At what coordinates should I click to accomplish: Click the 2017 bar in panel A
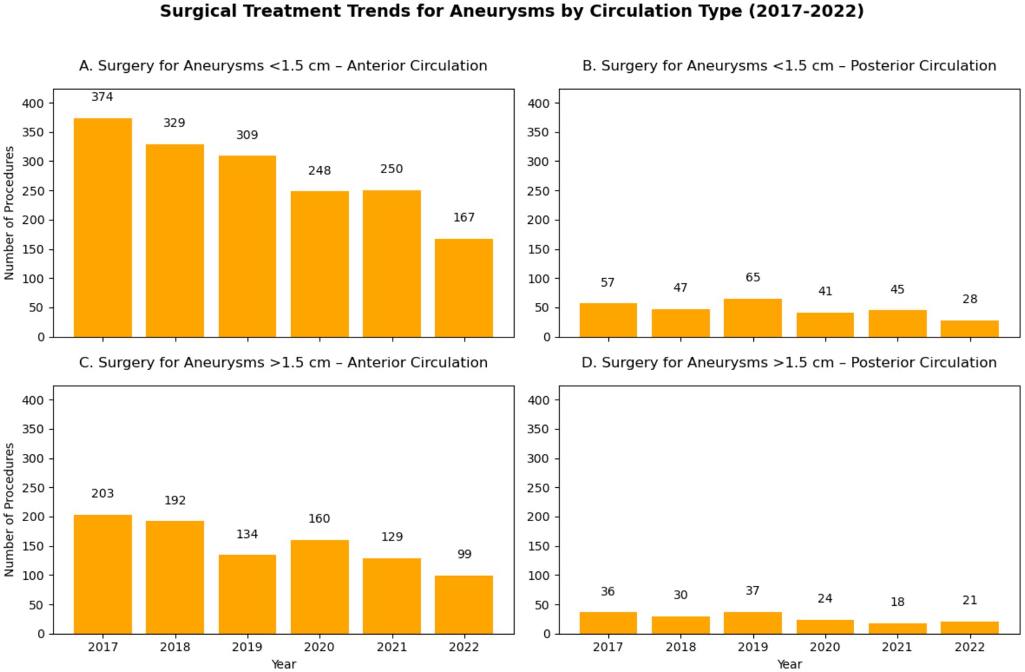pyautogui.click(x=102, y=227)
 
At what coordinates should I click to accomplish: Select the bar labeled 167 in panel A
pyautogui.click(x=464, y=288)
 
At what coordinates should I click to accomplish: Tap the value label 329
pyautogui.click(x=174, y=123)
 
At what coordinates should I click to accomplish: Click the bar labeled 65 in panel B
pyautogui.click(x=753, y=318)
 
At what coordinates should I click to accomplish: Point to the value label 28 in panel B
pyautogui.click(x=969, y=299)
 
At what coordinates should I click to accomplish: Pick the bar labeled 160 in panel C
pyautogui.click(x=320, y=586)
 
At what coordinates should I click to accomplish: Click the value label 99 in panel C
pyautogui.click(x=464, y=554)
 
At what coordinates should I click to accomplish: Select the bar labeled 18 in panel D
pyautogui.click(x=897, y=628)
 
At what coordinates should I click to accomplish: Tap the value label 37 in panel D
pyautogui.click(x=753, y=591)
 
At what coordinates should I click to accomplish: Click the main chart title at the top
pyautogui.click(x=512, y=11)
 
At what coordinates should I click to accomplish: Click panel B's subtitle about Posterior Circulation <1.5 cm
pyautogui.click(x=789, y=66)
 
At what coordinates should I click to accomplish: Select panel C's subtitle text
pyautogui.click(x=283, y=363)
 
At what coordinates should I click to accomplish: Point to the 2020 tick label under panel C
pyautogui.click(x=320, y=647)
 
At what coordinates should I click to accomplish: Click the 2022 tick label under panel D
pyautogui.click(x=969, y=647)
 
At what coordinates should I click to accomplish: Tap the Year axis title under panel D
pyautogui.click(x=789, y=664)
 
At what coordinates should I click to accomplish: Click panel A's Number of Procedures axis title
pyautogui.click(x=9, y=213)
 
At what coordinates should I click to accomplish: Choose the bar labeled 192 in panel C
pyautogui.click(x=175, y=577)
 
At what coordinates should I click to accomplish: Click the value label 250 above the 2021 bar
pyautogui.click(x=391, y=169)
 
